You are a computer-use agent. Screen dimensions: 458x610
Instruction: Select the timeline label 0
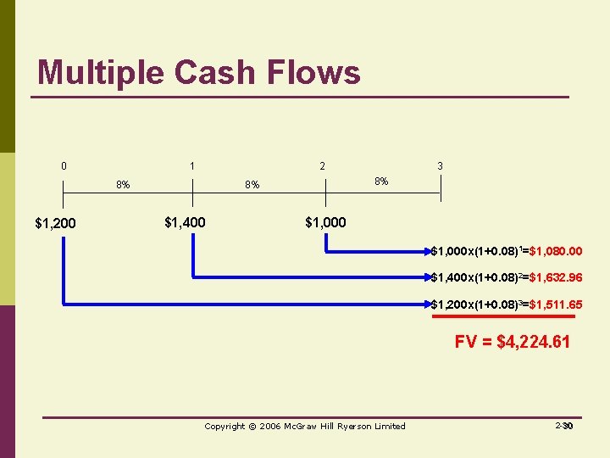point(64,166)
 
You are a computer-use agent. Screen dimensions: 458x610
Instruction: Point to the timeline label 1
point(193,166)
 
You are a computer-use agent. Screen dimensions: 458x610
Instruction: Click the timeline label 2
point(322,166)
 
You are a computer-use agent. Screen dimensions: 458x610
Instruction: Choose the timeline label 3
point(440,166)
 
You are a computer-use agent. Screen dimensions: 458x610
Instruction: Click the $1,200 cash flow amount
point(55,224)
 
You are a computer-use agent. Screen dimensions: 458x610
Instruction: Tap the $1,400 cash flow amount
point(184,223)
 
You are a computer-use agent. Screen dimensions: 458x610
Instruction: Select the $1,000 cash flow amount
point(325,223)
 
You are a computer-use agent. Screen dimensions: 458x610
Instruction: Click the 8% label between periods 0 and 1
point(123,184)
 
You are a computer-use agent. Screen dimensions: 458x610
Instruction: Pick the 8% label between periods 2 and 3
point(381,181)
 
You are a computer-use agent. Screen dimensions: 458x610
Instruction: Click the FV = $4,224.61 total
point(512,342)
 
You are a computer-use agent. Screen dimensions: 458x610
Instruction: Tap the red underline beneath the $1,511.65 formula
point(503,316)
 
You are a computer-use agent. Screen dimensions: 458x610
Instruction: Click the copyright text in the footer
point(305,426)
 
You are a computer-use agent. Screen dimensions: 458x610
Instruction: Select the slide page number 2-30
point(564,426)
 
